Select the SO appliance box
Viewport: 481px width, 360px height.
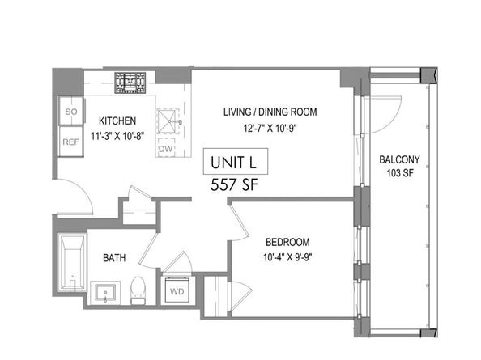pos(70,112)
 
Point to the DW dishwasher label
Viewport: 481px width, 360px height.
pos(165,148)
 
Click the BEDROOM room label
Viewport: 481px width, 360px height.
pos(289,241)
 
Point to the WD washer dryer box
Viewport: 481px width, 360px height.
pos(176,289)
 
